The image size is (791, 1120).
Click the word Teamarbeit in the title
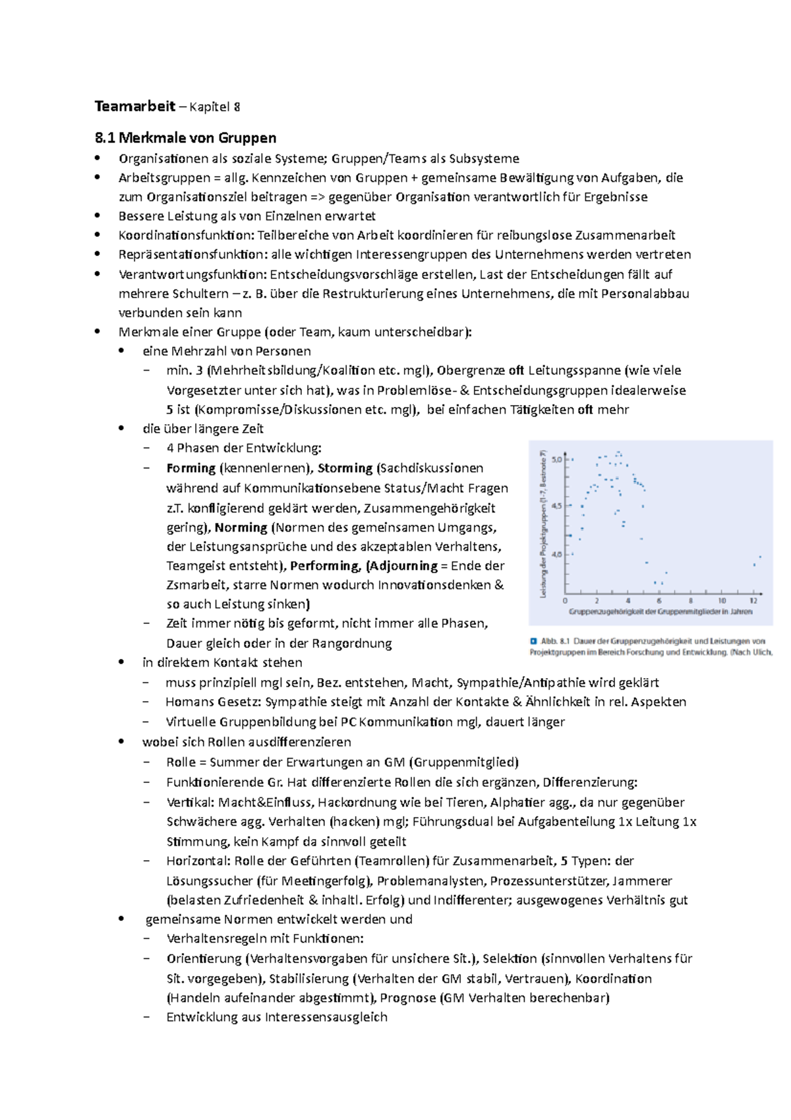(134, 107)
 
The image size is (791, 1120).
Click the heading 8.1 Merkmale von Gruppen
(185, 138)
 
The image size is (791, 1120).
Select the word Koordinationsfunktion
(186, 235)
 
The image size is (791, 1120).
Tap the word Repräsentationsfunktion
(192, 255)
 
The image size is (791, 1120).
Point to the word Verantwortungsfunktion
(192, 274)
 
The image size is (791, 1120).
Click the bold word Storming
(345, 468)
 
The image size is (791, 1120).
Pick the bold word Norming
(241, 528)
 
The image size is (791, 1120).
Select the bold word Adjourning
(403, 566)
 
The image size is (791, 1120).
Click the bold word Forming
(191, 468)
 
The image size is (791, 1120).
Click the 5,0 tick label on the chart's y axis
(557, 460)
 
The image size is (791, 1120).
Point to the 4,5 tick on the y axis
(557, 507)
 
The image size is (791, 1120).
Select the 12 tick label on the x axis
(753, 601)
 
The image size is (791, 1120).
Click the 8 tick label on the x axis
(691, 601)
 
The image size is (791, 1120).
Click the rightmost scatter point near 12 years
(760, 557)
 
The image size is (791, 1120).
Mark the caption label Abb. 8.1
(554, 640)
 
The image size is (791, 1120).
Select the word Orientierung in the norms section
(204, 958)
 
